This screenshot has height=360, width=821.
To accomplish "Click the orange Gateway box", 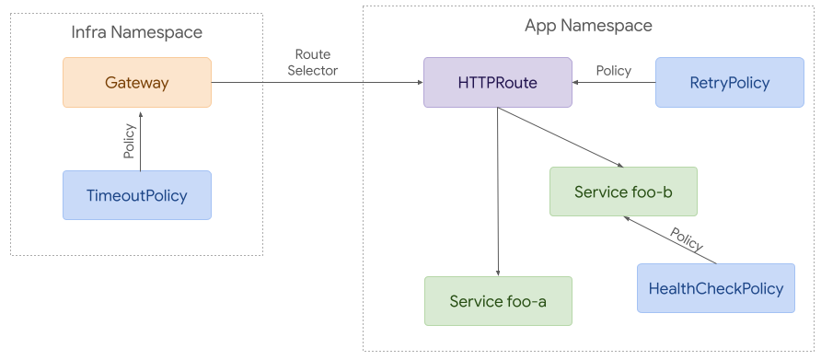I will [x=136, y=83].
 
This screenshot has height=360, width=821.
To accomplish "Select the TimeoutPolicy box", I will [x=136, y=195].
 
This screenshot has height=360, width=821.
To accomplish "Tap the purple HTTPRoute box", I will [x=497, y=83].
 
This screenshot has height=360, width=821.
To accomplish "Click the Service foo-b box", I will [x=622, y=192].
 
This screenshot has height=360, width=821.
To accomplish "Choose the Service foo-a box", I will [x=498, y=301].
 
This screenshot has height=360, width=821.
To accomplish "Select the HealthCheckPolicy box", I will [x=715, y=288].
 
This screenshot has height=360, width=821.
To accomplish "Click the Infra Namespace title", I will [x=136, y=33].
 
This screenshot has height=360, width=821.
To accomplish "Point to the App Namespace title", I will [x=588, y=26].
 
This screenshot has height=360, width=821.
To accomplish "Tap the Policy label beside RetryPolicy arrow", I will [x=613, y=70].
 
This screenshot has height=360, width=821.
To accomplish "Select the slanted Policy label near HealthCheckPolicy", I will [x=686, y=239].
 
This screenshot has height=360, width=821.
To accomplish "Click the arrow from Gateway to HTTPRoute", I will [x=317, y=83].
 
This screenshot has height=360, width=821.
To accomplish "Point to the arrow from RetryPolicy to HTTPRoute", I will [x=613, y=83].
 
